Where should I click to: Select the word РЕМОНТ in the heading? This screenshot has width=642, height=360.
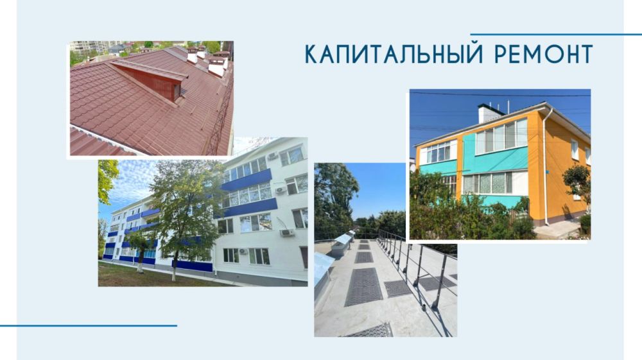[x=544, y=55]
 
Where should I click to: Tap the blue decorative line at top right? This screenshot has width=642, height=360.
[x=556, y=34]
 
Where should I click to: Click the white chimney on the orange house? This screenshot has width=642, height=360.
[x=490, y=114]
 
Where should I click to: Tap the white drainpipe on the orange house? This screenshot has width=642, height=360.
[x=544, y=167]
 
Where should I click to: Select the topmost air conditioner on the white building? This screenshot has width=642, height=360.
[x=272, y=156]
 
